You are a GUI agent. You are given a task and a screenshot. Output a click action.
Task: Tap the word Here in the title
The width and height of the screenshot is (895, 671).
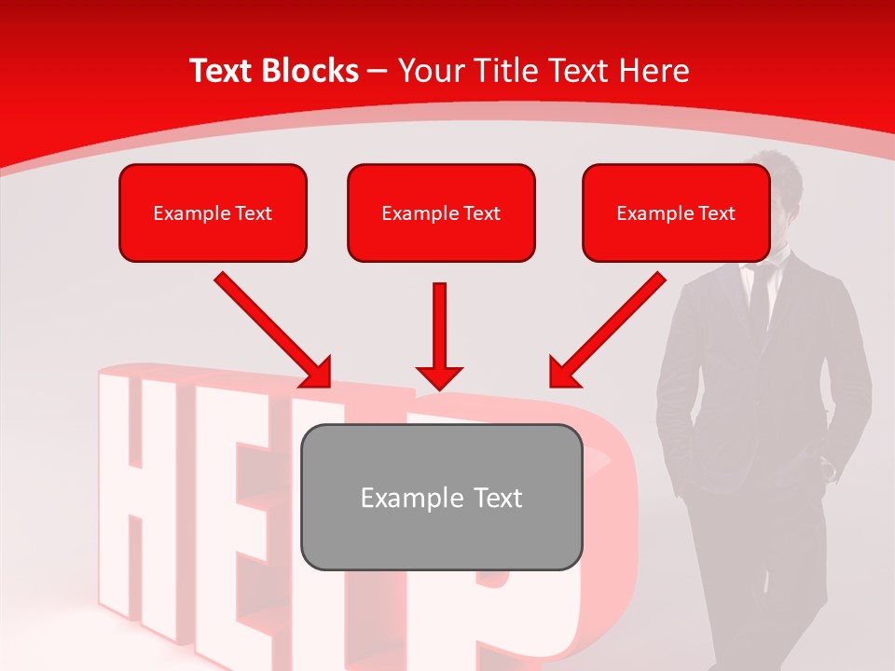click(x=655, y=71)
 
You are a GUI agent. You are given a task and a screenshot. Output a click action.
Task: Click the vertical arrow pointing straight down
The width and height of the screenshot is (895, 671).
click(x=439, y=335)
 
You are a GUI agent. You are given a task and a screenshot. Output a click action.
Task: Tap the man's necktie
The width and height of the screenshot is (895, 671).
click(x=759, y=298)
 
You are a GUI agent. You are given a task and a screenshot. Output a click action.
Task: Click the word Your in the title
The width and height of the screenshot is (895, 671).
click(x=428, y=71)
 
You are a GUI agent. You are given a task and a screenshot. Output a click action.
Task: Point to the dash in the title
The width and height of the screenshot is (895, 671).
click(x=378, y=72)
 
